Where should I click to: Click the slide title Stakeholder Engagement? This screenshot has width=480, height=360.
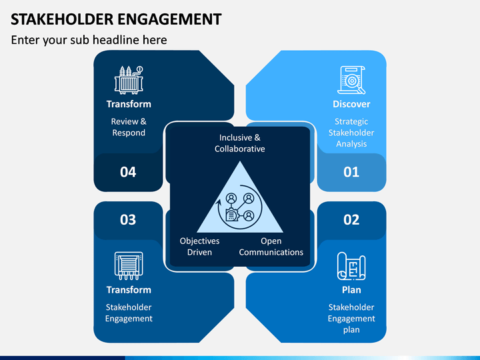(x=116, y=19)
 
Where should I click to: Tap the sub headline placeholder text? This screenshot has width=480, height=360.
(x=89, y=40)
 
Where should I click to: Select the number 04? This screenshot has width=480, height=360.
(x=128, y=172)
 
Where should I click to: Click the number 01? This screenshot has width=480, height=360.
(x=351, y=172)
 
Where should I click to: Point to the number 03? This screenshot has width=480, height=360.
(x=128, y=220)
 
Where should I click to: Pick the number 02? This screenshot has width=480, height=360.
(x=351, y=220)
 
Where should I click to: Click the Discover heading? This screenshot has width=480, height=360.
(x=351, y=104)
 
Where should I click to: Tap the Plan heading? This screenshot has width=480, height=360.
(x=351, y=290)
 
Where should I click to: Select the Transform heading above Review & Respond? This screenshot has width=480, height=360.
(x=129, y=104)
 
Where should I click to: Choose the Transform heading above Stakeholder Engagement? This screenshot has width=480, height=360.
(x=129, y=290)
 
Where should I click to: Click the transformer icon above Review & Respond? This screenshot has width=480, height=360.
(x=129, y=80)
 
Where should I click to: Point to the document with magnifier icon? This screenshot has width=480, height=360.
(x=351, y=80)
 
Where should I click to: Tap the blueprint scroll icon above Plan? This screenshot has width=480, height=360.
(x=351, y=266)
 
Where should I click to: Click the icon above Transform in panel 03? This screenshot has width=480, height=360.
(x=129, y=266)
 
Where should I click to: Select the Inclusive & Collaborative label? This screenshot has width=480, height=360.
(x=240, y=143)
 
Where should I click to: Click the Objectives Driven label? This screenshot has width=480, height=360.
(x=199, y=247)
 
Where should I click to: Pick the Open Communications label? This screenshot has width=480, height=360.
(x=271, y=247)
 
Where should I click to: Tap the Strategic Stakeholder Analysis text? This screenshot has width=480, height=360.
(x=351, y=133)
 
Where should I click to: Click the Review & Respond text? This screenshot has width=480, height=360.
(x=129, y=127)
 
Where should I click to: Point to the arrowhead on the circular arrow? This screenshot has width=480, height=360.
(x=218, y=203)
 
